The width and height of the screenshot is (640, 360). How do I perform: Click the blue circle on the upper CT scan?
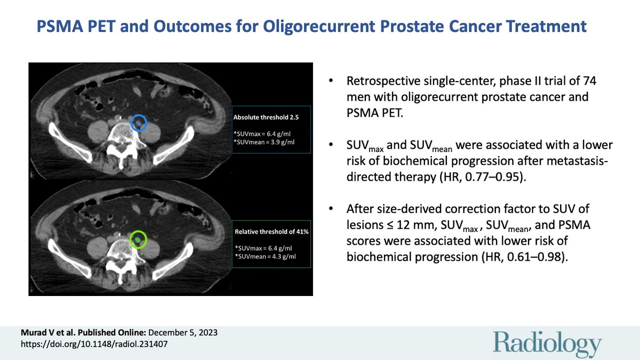[x=139, y=123]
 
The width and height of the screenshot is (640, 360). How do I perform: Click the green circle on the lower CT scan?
[x=138, y=239]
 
